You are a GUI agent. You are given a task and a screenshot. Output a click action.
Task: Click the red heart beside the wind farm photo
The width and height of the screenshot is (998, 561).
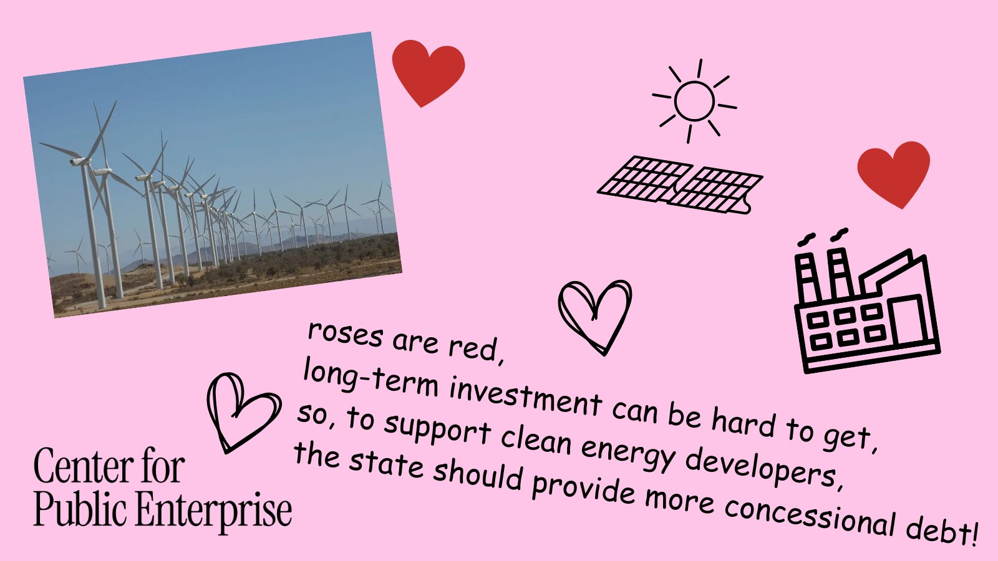(x=428, y=71)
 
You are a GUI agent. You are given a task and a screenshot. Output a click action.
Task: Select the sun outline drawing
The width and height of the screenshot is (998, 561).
(x=694, y=101)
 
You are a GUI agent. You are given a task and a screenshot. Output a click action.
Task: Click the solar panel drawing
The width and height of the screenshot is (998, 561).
(x=679, y=185)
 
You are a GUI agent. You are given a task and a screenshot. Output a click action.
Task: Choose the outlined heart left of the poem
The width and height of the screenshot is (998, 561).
(x=243, y=412)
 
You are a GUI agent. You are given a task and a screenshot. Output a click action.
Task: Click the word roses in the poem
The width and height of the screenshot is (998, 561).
(x=345, y=334)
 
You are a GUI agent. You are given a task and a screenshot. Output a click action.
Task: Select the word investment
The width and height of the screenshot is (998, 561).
(x=526, y=396)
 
